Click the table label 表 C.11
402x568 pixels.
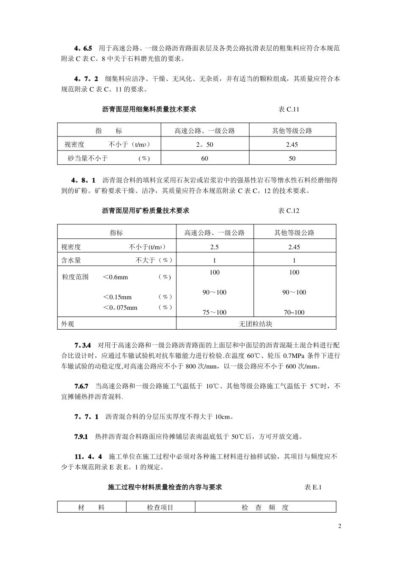[289, 109]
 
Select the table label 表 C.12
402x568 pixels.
[289, 210]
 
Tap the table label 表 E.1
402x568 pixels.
[313, 487]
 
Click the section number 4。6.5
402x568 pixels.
[83, 49]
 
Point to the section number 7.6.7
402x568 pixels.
[81, 386]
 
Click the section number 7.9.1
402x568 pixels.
[81, 437]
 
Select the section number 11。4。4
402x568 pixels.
[88, 457]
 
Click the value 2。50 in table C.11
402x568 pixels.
[205, 145]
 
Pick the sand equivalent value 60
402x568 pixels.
[205, 158]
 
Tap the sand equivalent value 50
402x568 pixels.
[292, 158]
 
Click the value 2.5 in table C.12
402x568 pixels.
[215, 247]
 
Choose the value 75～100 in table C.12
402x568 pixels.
[215, 313]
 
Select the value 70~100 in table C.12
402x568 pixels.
[294, 313]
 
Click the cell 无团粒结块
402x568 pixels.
[256, 324]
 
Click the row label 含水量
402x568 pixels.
[71, 260]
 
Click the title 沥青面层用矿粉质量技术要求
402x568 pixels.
[146, 210]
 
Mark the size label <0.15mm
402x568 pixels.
[117, 297]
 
